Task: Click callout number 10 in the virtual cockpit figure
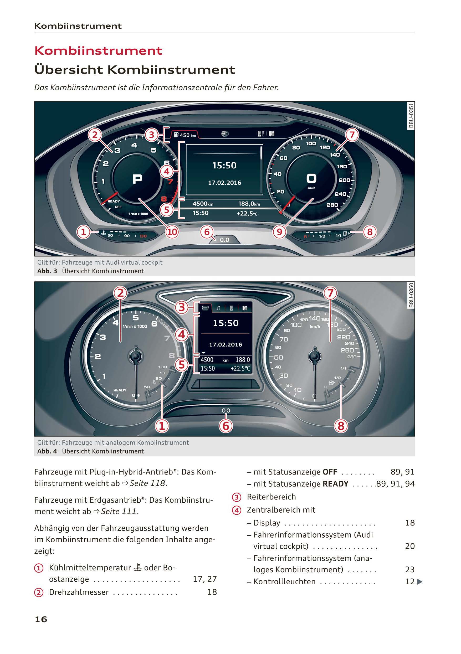[172, 232]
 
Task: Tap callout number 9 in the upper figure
[279, 232]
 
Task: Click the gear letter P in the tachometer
[137, 179]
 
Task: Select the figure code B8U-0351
[411, 116]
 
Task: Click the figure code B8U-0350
[411, 295]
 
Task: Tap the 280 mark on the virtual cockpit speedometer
[332, 205]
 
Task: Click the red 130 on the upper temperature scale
[143, 236]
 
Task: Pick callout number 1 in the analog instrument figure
[162, 426]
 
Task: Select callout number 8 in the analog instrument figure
[341, 426]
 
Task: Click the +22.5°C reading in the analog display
[240, 368]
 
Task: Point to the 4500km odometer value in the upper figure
[203, 204]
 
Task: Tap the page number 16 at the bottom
[41, 619]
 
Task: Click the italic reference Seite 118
[147, 483]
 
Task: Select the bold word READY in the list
[335, 484]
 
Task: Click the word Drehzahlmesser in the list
[79, 592]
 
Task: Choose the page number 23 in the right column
[410, 569]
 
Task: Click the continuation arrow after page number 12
[419, 582]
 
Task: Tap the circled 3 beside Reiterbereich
[237, 497]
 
